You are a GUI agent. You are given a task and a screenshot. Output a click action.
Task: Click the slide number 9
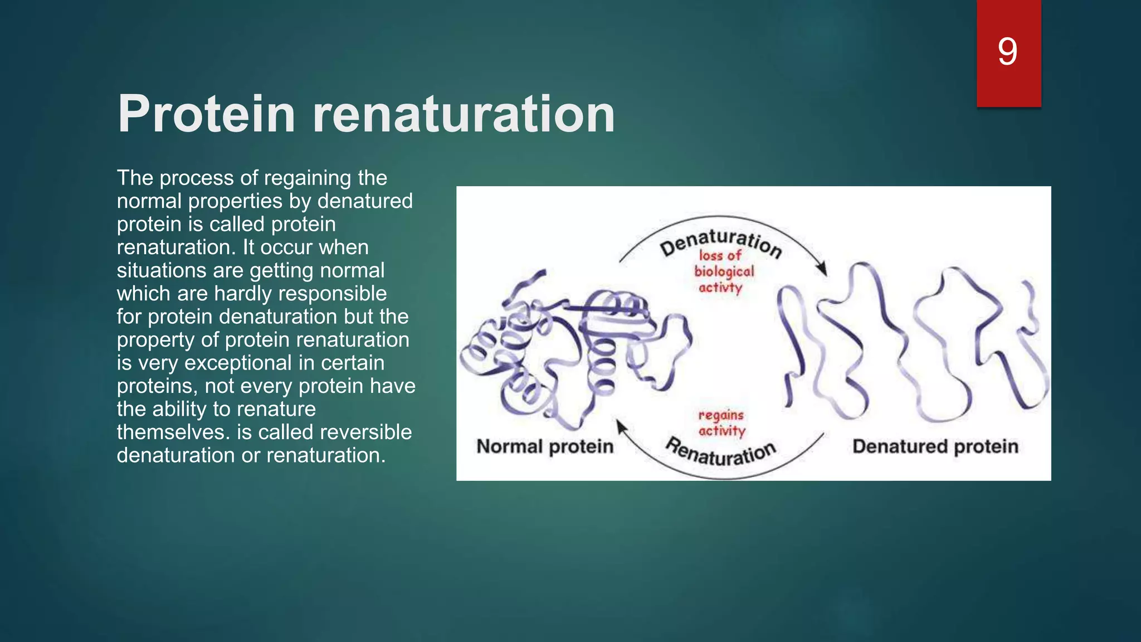coord(1007,51)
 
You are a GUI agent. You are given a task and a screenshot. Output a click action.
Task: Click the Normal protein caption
coord(545,446)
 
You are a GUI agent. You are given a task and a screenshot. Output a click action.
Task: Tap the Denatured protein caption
coord(935,446)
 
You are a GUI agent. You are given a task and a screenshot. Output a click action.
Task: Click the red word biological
coord(724,271)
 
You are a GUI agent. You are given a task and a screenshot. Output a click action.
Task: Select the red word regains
coord(721,415)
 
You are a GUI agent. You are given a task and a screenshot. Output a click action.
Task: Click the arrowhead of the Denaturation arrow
coord(821,269)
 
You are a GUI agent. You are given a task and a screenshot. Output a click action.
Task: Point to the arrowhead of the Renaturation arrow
coord(621,427)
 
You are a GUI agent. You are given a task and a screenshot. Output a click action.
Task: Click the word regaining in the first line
coord(308,178)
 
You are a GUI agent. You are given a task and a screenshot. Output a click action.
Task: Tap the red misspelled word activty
coord(720,288)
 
